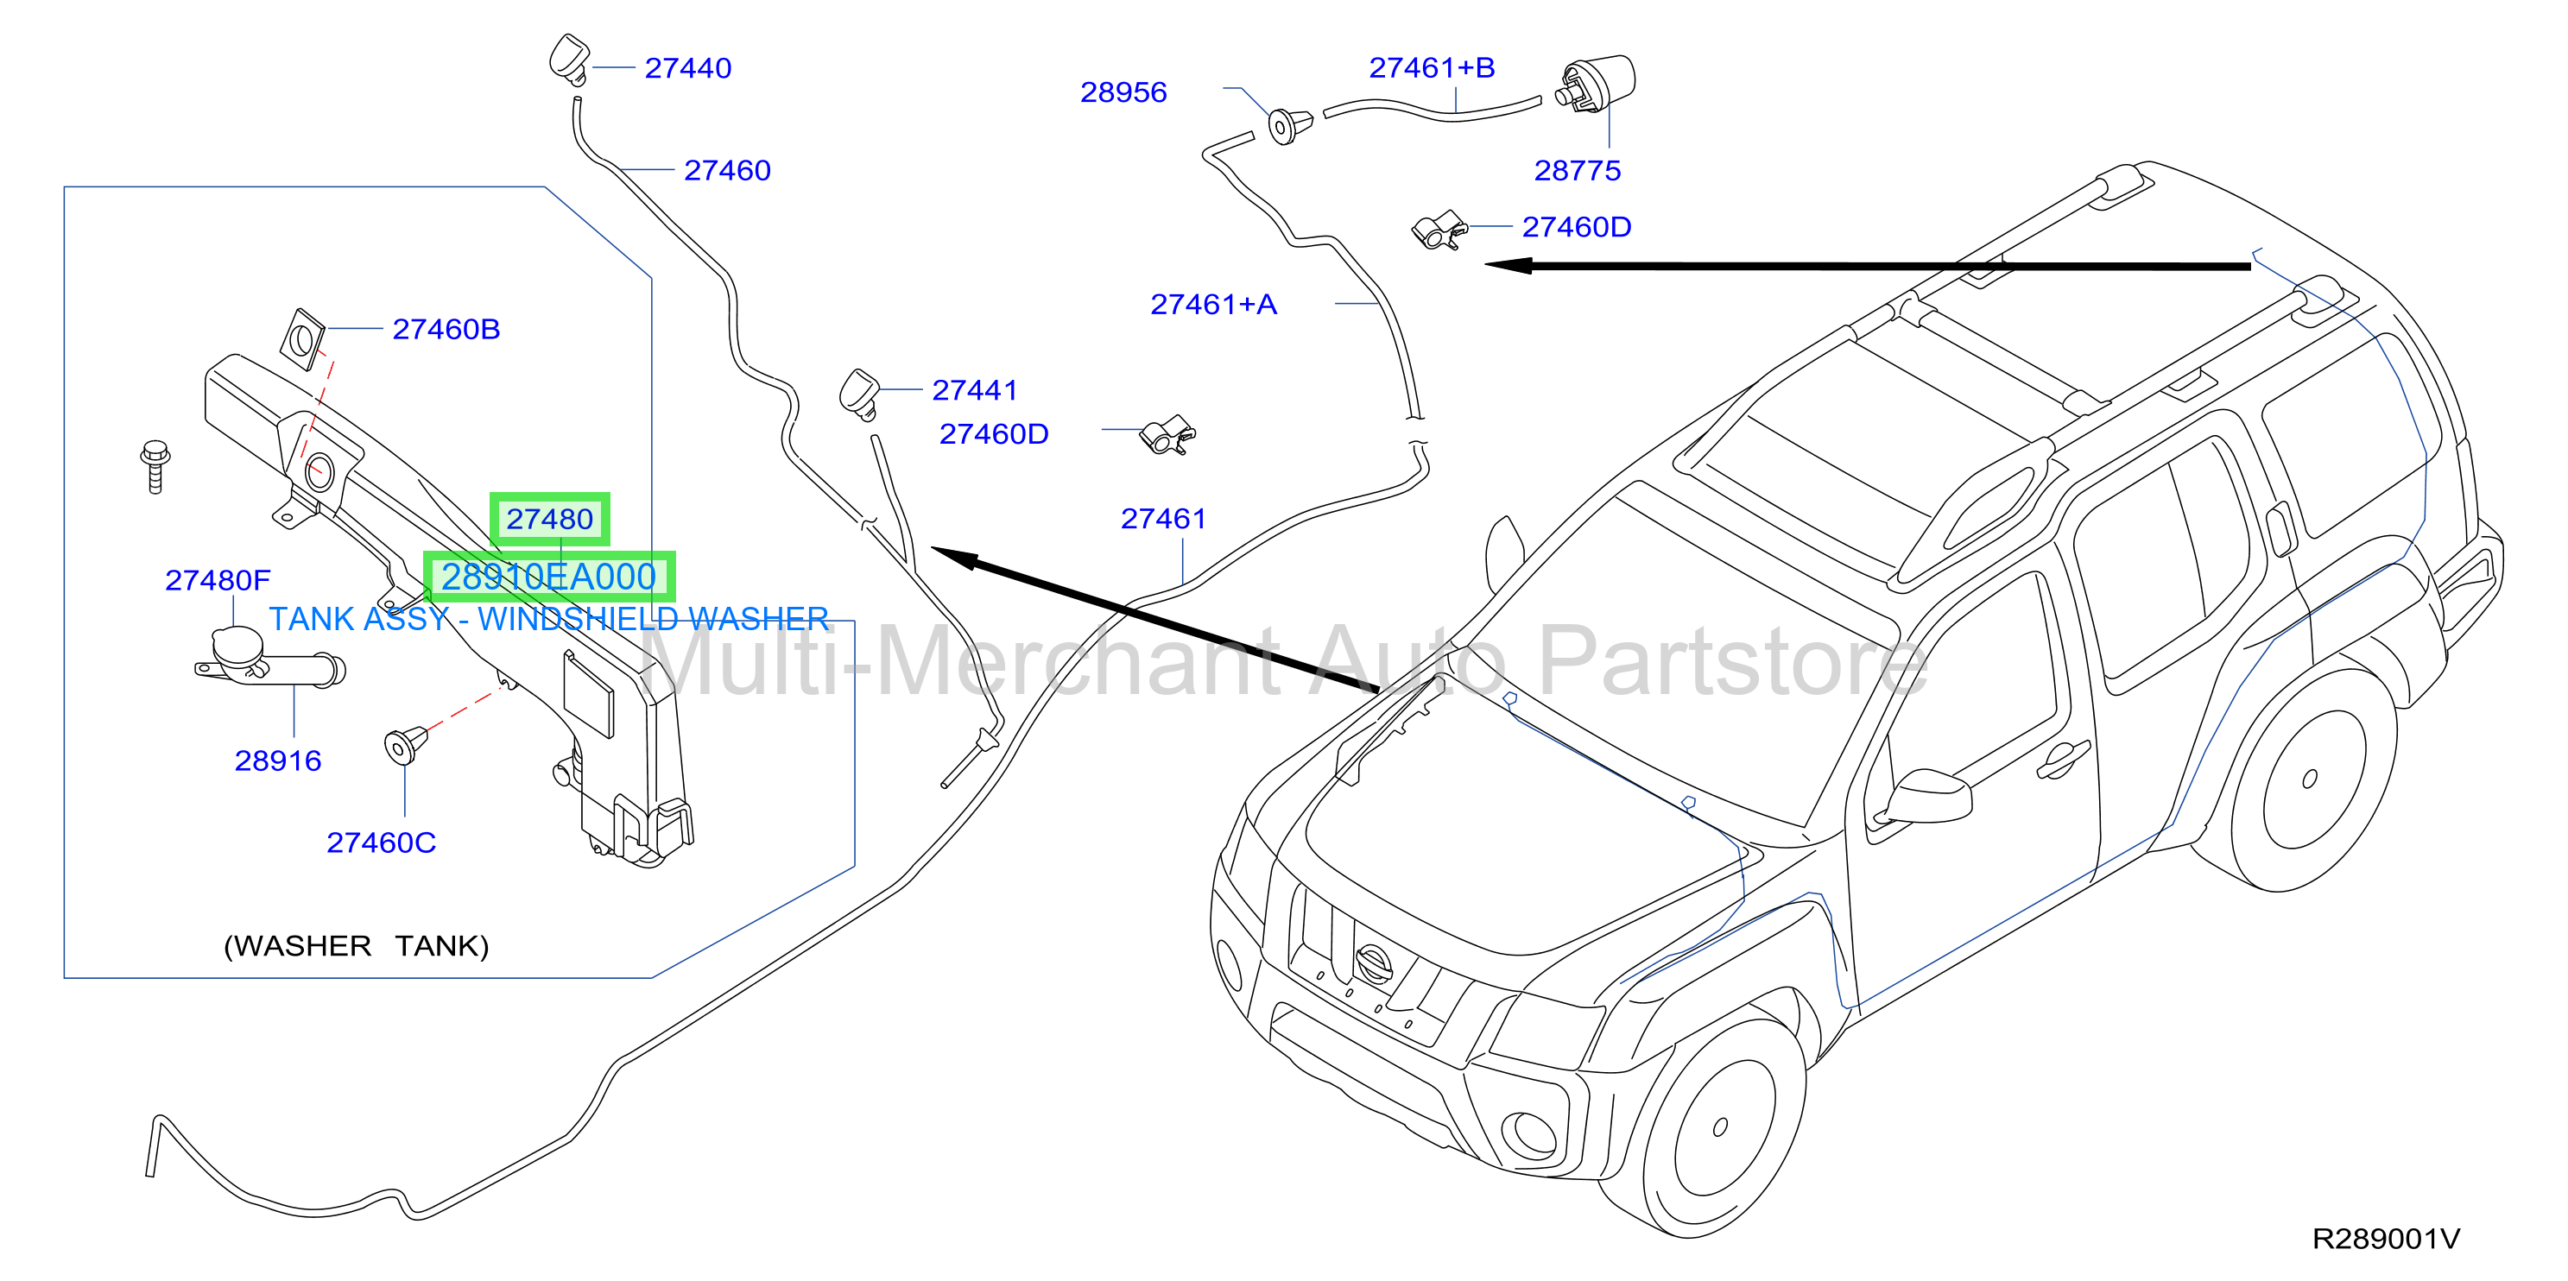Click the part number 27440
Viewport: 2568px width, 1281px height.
(x=688, y=68)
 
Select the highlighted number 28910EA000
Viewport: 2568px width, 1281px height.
(x=549, y=577)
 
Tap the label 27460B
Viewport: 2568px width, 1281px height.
(x=446, y=329)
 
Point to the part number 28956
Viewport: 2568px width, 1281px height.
(x=1123, y=91)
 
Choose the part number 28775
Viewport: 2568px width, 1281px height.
(x=1577, y=170)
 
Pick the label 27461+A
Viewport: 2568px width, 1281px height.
(x=1213, y=304)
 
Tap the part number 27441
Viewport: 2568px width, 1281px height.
(x=975, y=390)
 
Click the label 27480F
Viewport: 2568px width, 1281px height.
(x=218, y=580)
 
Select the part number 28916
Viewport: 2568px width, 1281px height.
(x=278, y=760)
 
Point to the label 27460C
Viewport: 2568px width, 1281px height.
(x=381, y=842)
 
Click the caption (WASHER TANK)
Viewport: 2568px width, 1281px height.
(x=356, y=946)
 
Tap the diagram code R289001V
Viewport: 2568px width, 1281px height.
(x=2386, y=1238)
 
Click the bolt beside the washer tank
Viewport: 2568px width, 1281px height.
(x=155, y=466)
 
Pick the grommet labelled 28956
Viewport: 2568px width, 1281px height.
(x=1290, y=126)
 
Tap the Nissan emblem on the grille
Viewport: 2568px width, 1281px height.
(x=1373, y=963)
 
